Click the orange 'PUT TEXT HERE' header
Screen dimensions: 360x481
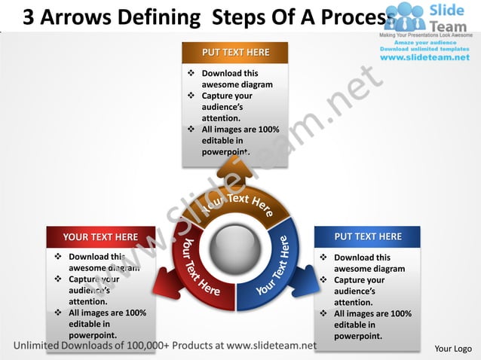(x=234, y=53)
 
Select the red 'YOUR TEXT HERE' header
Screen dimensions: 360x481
(x=100, y=236)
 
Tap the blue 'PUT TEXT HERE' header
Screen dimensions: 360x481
(x=367, y=236)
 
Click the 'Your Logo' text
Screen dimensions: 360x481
(x=453, y=349)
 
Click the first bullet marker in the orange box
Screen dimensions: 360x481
(x=191, y=73)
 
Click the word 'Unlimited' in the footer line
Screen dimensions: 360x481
(x=43, y=346)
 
